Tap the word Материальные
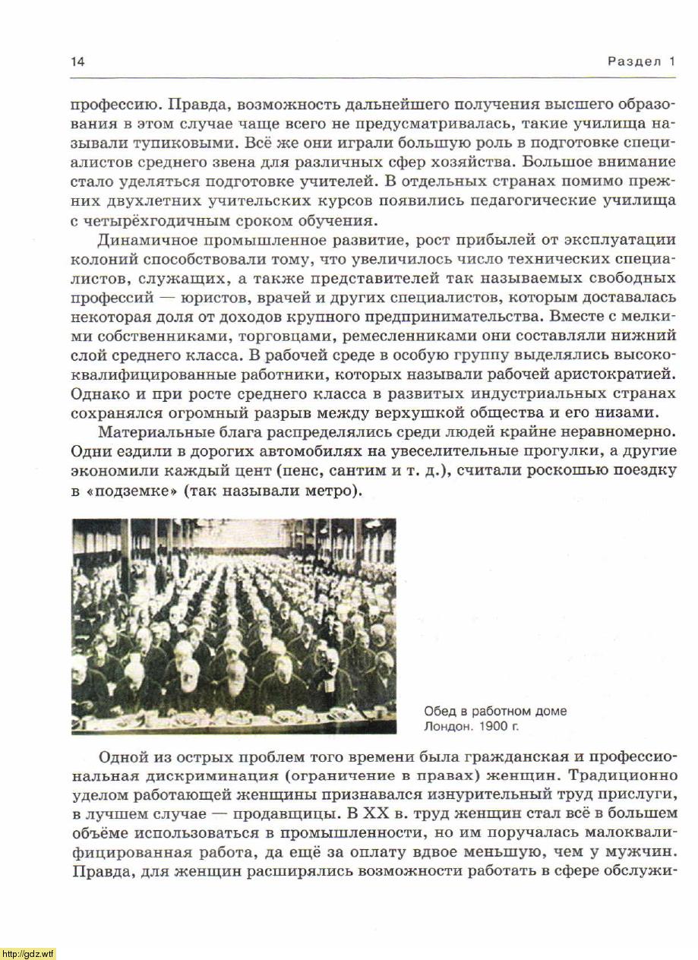157,433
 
